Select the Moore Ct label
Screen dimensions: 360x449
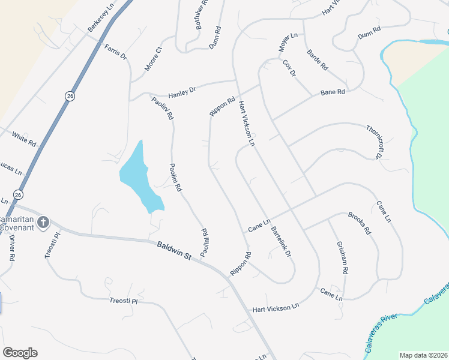click(x=154, y=59)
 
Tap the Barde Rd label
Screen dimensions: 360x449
click(x=317, y=59)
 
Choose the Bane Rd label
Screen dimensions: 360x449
click(x=333, y=92)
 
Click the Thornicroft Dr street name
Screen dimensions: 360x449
click(x=373, y=142)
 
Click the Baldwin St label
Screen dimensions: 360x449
click(x=174, y=251)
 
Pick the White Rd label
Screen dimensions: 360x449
click(x=24, y=139)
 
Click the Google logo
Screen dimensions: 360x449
click(x=20, y=353)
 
